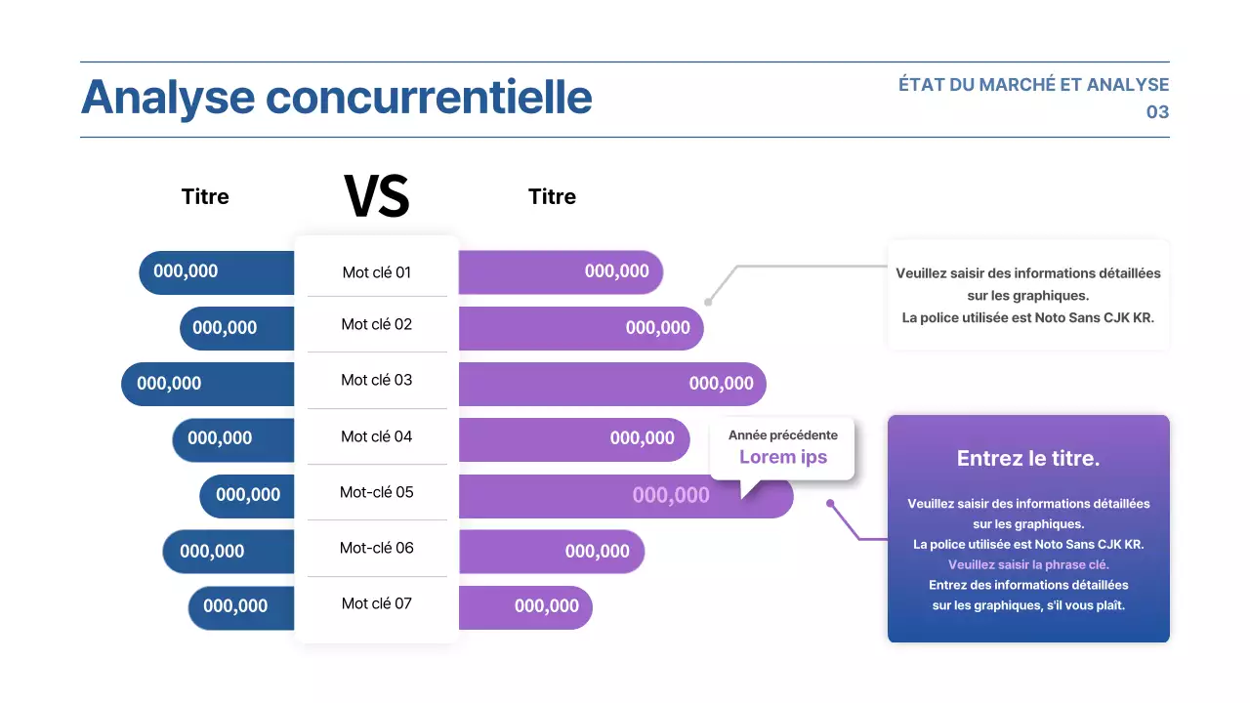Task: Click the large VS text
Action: [377, 196]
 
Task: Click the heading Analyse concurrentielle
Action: [336, 98]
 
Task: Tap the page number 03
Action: [1157, 112]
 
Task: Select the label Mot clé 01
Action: [377, 272]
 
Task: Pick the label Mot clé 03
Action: [377, 380]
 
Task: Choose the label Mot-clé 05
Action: [377, 492]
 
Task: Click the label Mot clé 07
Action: [377, 603]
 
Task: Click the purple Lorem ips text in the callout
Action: [783, 457]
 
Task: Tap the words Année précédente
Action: [783, 435]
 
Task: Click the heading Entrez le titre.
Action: [1028, 458]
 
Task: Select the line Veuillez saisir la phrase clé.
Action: [1028, 564]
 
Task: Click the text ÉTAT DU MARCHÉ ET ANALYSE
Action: [1033, 85]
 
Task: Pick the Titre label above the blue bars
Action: [205, 196]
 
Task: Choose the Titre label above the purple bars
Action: [552, 196]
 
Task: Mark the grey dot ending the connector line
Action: [708, 302]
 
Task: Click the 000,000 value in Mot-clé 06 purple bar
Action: [598, 552]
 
